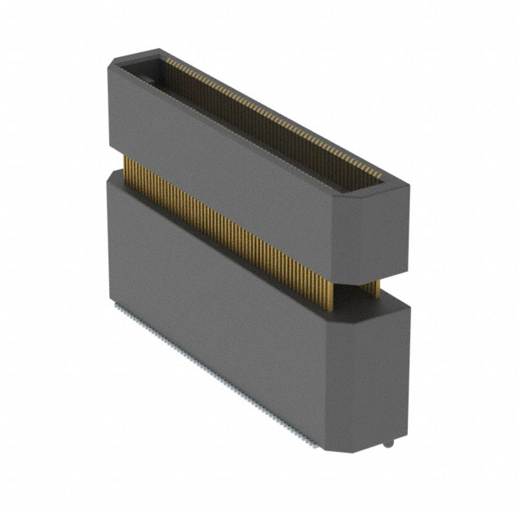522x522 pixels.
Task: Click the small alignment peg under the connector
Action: [389, 445]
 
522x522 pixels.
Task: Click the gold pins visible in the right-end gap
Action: [370, 288]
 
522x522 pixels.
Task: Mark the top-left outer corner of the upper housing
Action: [113, 61]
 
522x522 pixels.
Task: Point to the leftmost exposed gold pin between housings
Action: [126, 167]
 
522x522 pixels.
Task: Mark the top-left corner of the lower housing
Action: [108, 178]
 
